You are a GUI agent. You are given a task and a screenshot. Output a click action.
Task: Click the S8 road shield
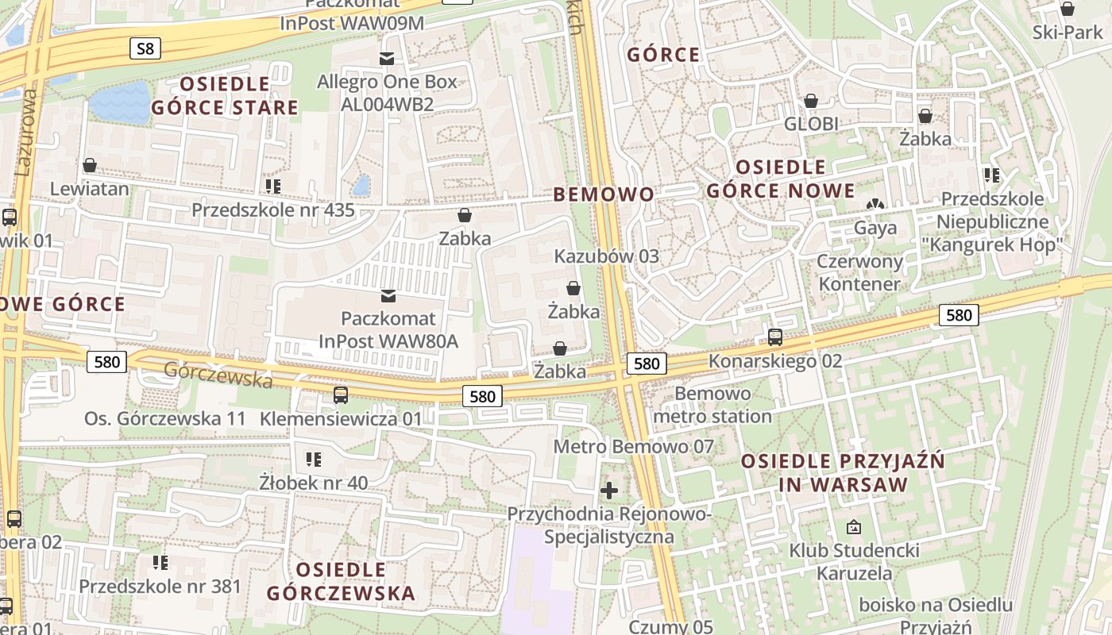tap(145, 49)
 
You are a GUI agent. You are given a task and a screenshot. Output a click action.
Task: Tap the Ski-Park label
tap(1068, 33)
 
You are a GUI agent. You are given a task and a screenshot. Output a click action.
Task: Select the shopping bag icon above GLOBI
tap(811, 101)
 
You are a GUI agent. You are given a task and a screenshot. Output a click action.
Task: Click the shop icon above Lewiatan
tap(90, 165)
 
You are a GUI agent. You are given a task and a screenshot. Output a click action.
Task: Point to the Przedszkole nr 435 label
tap(272, 210)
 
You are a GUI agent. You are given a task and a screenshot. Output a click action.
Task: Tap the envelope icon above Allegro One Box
tap(387, 58)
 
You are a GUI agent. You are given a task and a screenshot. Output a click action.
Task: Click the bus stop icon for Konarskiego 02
tap(775, 337)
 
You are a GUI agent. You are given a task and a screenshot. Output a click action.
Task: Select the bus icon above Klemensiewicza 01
tap(341, 394)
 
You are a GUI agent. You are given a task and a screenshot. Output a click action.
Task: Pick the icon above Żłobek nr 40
tap(314, 459)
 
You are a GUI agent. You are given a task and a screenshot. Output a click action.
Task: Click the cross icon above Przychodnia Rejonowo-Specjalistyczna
tap(609, 490)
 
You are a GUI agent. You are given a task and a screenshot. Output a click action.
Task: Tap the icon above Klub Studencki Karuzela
tap(854, 526)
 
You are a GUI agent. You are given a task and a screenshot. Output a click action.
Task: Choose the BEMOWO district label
tap(604, 194)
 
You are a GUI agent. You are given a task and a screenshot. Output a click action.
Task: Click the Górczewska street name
tap(218, 374)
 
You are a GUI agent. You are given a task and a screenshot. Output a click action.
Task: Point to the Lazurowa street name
tap(26, 132)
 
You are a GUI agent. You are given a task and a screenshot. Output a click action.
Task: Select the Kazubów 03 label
tap(607, 256)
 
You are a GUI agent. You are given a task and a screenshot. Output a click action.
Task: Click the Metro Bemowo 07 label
tap(634, 447)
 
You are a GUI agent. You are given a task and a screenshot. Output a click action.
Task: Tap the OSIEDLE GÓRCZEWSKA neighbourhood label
tap(341, 581)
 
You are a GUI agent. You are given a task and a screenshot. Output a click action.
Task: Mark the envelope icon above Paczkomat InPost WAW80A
tap(388, 296)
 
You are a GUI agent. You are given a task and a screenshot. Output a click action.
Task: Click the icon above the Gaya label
tap(875, 205)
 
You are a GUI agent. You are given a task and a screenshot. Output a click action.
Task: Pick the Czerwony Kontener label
tap(859, 272)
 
